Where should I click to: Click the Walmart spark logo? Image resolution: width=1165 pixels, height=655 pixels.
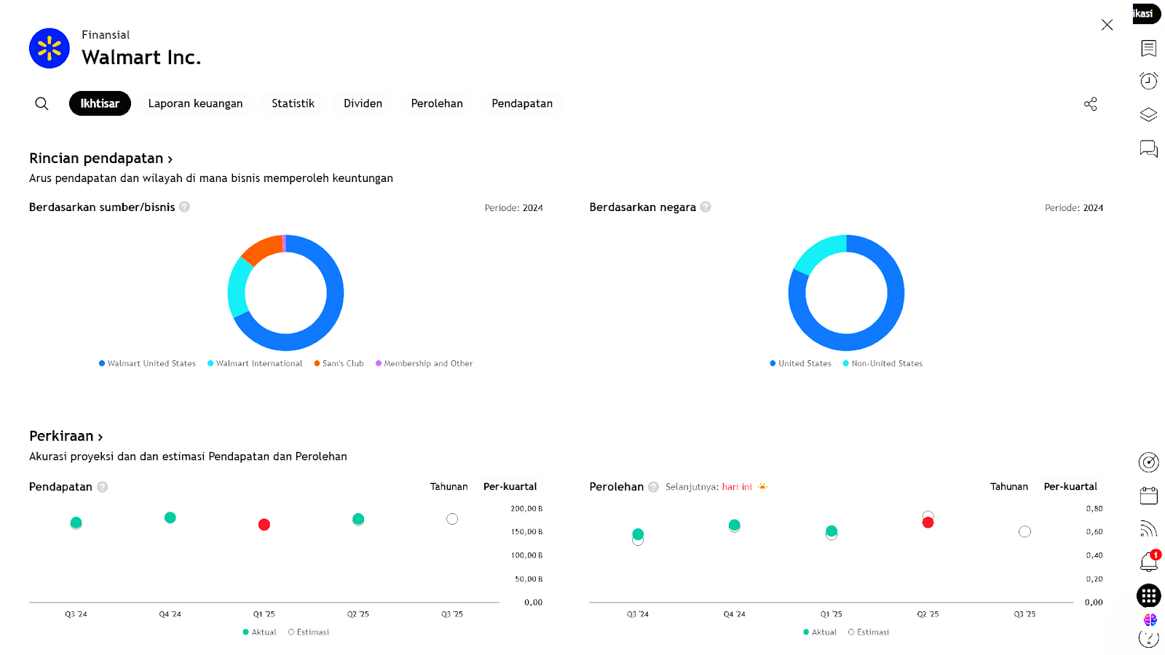coord(50,49)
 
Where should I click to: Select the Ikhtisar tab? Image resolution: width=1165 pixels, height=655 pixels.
coord(100,103)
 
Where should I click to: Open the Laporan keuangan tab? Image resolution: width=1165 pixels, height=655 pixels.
coord(195,103)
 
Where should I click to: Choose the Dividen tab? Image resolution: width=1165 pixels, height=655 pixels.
coord(363,103)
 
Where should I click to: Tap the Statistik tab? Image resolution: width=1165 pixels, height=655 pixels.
coord(293,103)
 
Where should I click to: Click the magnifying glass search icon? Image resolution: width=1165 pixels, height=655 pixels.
coord(42,103)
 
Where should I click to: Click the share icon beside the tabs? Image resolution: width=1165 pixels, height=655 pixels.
coord(1090,104)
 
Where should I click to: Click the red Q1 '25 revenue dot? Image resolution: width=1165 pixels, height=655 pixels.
coord(264,525)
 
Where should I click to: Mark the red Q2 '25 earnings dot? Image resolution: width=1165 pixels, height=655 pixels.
coord(928,523)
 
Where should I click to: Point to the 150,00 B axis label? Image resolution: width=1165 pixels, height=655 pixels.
coord(526,532)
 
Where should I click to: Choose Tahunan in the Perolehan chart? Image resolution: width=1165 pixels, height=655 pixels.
coord(1008,486)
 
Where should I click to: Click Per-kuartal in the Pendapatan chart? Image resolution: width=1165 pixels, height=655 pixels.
coord(510,486)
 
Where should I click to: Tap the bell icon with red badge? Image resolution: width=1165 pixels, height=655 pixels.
coord(1148,561)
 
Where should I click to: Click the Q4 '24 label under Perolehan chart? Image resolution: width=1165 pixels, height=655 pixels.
coord(734,614)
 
